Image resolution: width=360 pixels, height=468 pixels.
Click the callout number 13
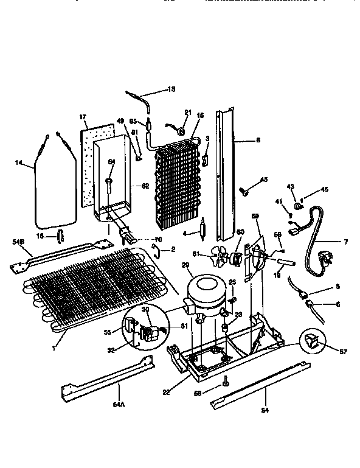click(171, 89)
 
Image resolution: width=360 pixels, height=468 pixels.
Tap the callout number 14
click(19, 162)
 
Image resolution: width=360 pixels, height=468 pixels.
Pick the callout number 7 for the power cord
click(345, 242)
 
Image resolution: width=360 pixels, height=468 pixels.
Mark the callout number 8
click(258, 140)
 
